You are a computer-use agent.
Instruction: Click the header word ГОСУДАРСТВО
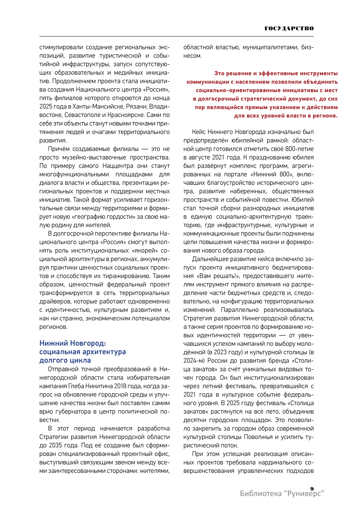[289, 28]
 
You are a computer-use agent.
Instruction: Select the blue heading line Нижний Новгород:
[73, 343]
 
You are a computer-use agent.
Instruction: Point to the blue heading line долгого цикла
[65, 360]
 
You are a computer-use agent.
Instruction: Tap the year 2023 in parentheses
[220, 352]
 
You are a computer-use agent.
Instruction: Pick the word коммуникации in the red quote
[207, 82]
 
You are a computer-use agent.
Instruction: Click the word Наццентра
[118, 166]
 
